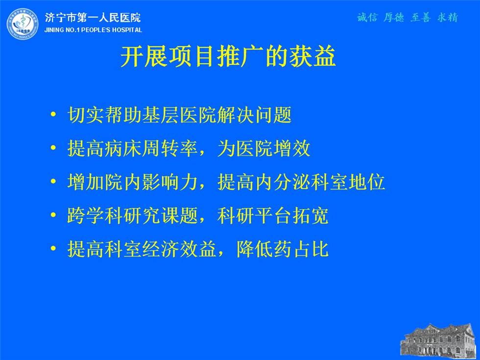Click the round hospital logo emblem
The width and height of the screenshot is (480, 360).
tap(23, 24)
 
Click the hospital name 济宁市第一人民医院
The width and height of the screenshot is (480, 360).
tap(93, 18)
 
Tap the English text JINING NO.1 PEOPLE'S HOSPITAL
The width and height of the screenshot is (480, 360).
tap(93, 30)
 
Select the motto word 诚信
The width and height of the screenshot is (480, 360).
tap(367, 18)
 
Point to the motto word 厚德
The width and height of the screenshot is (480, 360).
tap(394, 18)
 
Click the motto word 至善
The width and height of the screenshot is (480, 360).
tap(421, 18)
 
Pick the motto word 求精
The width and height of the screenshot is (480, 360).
tap(448, 18)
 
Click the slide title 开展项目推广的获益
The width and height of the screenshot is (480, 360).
tap(228, 57)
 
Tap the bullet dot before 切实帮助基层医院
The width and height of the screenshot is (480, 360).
tap(53, 115)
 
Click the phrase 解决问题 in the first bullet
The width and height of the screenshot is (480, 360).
tap(254, 115)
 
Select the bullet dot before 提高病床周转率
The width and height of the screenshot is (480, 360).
tap(53, 148)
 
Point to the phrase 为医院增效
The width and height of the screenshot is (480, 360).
tap(264, 148)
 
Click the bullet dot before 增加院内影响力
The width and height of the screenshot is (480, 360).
tap(53, 182)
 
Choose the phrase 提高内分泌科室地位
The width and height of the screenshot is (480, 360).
tap(301, 182)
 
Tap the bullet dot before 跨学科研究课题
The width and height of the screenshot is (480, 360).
tap(53, 215)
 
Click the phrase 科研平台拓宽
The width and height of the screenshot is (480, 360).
tap(273, 216)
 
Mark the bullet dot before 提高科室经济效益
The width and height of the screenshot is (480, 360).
tap(53, 248)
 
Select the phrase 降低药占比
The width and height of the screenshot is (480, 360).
tap(283, 249)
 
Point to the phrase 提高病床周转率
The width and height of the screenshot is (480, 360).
tap(132, 148)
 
